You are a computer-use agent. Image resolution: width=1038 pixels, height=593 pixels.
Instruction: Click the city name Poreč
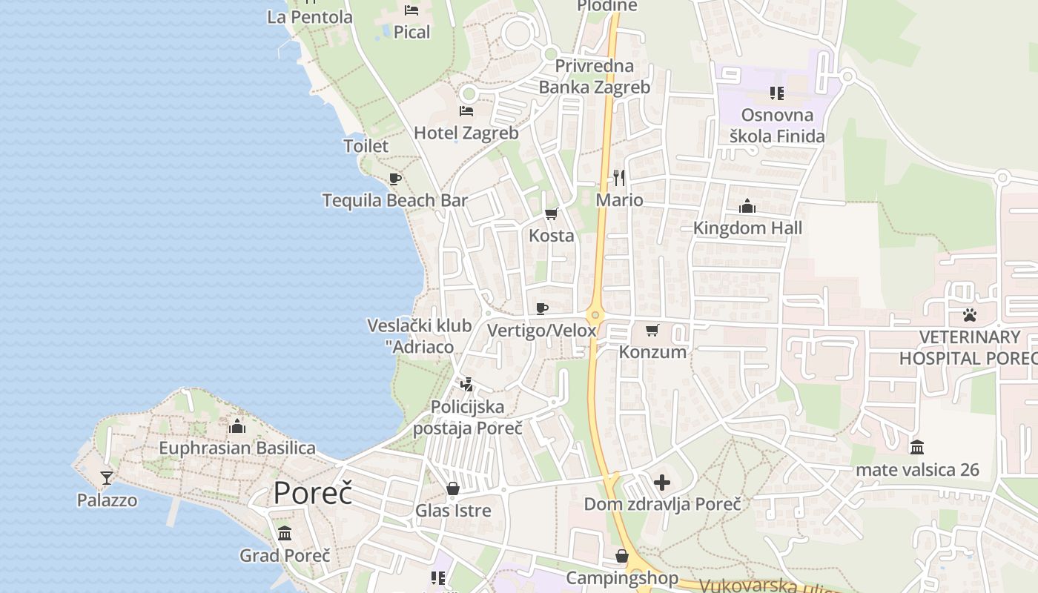coord(313,494)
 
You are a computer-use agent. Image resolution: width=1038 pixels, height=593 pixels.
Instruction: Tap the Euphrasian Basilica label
coord(237,448)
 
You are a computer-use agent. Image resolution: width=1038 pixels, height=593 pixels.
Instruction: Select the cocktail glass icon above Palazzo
coord(107,477)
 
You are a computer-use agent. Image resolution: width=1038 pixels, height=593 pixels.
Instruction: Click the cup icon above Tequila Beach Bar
coord(395,179)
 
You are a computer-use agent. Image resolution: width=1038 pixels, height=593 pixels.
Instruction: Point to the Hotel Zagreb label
coord(466,133)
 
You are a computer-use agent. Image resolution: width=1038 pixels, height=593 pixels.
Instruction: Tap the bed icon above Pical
coord(411,10)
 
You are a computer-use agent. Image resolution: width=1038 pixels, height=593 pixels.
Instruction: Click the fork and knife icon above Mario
coord(619,178)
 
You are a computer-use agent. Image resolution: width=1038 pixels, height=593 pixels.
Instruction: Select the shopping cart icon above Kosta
coord(551,214)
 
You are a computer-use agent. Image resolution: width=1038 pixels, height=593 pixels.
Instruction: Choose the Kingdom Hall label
coord(747,228)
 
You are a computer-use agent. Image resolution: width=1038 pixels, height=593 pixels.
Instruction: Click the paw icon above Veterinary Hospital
coord(970,315)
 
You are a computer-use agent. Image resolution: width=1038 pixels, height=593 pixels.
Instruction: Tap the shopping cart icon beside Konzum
coord(652,330)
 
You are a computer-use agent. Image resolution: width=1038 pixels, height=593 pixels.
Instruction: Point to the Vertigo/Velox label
coord(542,331)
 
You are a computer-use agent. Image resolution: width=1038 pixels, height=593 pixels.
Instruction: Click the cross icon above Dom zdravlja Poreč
coord(662,483)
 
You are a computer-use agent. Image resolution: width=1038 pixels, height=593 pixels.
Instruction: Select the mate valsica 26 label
coord(917,470)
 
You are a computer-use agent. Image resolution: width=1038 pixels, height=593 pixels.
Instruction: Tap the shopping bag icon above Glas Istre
coord(452,489)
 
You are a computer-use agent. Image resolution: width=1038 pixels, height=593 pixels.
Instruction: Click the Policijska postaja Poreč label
coord(468,417)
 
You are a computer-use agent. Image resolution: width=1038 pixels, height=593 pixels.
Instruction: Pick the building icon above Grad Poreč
coord(285,533)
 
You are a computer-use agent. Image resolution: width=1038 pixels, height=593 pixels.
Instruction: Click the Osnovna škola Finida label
coord(777,125)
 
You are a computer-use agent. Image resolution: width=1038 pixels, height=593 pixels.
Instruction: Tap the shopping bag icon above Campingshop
coord(622,556)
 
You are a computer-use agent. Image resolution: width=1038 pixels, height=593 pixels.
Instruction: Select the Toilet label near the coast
coord(366,146)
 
